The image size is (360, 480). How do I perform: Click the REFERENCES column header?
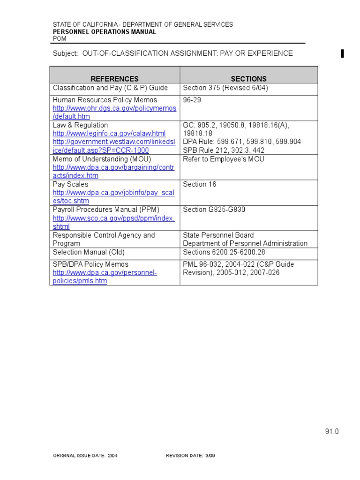pyautogui.click(x=114, y=79)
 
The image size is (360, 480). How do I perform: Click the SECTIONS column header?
pyautogui.click(x=248, y=79)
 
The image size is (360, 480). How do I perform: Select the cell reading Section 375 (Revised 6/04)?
pyautogui.click(x=225, y=88)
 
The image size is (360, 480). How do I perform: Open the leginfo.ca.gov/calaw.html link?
pyautogui.click(x=109, y=134)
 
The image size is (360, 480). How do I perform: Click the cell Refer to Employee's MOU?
pyautogui.click(x=224, y=159)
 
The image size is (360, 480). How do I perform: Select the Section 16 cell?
pyautogui.click(x=200, y=185)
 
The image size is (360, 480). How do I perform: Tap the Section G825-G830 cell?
pyautogui.click(x=214, y=210)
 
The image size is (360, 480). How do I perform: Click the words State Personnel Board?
pyautogui.click(x=218, y=235)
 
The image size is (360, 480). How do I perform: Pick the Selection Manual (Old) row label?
pyautogui.click(x=89, y=252)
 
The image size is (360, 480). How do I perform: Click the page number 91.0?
pyautogui.click(x=331, y=432)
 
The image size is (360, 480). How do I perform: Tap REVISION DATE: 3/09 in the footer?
pyautogui.click(x=190, y=456)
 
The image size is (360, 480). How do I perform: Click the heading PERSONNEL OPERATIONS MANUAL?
pyautogui.click(x=104, y=32)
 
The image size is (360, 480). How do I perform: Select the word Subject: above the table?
pyautogui.click(x=65, y=53)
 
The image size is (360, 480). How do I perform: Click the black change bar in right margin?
pyautogui.click(x=343, y=53)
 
